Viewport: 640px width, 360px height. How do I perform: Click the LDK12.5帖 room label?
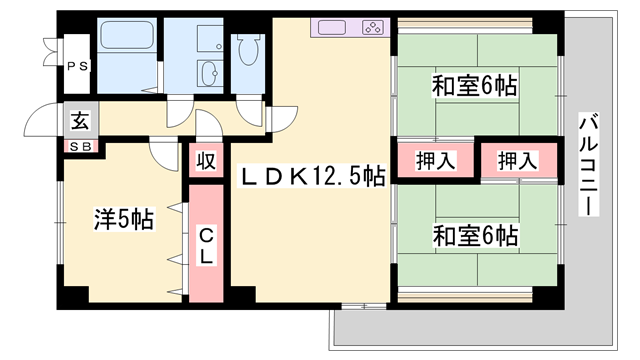(310, 177)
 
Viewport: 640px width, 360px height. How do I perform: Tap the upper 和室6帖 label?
(474, 86)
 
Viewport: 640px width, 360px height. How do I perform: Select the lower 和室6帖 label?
(474, 237)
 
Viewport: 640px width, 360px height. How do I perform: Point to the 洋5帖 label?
(124, 218)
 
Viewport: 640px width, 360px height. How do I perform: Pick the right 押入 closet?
(516, 160)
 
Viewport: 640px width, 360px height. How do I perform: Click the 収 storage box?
(205, 160)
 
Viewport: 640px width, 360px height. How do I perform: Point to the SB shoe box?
(80, 146)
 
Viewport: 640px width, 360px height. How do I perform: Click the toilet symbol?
(246, 55)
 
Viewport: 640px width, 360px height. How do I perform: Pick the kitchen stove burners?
(371, 28)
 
